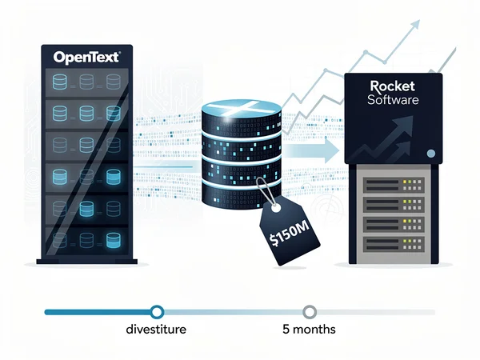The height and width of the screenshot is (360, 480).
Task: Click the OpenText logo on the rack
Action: (x=86, y=58)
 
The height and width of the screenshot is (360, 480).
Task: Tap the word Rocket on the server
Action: (x=392, y=86)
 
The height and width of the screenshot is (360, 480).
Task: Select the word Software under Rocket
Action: (x=392, y=100)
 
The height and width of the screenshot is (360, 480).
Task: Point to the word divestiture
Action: (x=157, y=329)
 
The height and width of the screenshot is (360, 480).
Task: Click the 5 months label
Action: (x=309, y=329)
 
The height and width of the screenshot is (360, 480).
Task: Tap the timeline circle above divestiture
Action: (x=157, y=311)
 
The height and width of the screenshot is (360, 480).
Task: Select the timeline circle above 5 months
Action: (x=310, y=311)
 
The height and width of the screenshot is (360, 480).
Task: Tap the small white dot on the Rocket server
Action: (x=430, y=152)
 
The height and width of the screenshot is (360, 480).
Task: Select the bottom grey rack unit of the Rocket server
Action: (x=393, y=242)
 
